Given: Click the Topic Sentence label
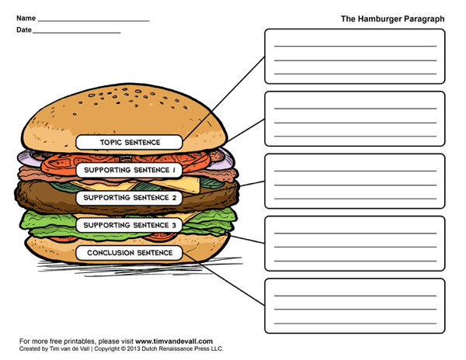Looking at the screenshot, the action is (x=129, y=142).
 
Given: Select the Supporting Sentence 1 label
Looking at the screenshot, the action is (x=129, y=170).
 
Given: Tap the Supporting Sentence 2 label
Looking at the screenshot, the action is (x=129, y=198).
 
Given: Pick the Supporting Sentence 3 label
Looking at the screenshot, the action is (x=129, y=225).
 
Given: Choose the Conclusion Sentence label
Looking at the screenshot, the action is (x=129, y=253).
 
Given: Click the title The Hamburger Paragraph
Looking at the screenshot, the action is (x=392, y=19).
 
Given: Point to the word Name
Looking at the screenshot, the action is (x=26, y=18).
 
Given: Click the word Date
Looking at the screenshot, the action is (x=24, y=29).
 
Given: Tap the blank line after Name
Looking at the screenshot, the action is (x=94, y=21).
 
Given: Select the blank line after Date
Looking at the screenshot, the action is (x=77, y=33).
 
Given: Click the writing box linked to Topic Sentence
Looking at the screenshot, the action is (x=355, y=57).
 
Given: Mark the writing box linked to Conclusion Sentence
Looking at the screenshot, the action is (x=355, y=306).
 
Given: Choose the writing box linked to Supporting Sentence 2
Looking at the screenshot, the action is (x=355, y=181).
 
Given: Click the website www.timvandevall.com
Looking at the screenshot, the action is (x=174, y=341).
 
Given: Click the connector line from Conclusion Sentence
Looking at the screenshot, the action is (x=224, y=279).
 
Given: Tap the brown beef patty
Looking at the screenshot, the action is (x=44, y=197).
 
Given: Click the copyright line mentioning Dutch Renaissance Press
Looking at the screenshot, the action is (x=121, y=348).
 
